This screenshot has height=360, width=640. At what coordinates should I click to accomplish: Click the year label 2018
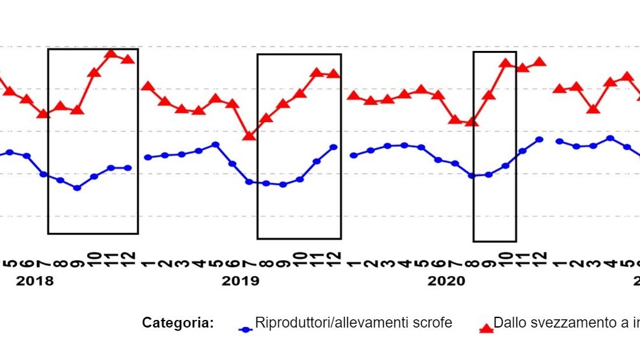34,281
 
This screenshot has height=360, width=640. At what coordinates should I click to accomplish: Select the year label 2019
240,281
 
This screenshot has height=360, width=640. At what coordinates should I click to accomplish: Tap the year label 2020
446,281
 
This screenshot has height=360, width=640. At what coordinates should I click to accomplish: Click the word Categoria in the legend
177,323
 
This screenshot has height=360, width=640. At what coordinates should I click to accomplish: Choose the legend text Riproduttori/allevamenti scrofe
353,323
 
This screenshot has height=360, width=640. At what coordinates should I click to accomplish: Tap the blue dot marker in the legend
246,329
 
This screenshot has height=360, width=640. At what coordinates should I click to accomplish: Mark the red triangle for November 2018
111,53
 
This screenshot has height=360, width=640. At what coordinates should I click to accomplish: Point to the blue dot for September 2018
77,188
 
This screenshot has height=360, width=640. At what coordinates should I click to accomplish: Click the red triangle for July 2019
249,135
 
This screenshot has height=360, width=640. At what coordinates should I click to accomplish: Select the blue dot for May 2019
216,144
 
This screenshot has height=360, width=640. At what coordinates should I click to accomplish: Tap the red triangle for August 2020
471,121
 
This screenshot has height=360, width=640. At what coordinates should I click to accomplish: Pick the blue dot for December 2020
539,139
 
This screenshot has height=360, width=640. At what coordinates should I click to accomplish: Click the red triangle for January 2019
148,87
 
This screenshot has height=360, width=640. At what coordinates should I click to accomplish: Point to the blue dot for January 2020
353,155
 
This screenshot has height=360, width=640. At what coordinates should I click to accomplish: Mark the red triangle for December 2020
539,62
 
